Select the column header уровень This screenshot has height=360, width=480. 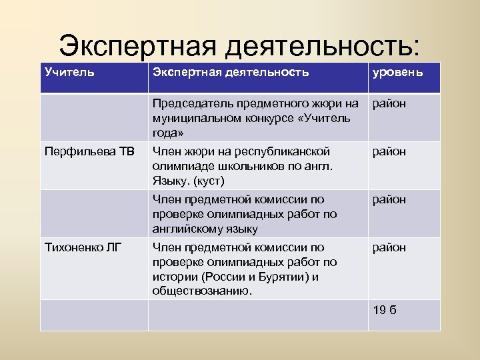tap(397, 71)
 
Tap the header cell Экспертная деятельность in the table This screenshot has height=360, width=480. tap(231, 71)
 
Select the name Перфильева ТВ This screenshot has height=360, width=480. tap(80, 151)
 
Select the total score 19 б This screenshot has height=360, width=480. tap(385, 310)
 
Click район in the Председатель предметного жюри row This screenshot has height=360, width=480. tap(389, 103)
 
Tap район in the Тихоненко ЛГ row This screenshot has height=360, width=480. tap(389, 247)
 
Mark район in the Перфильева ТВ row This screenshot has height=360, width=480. tap(389, 151)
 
